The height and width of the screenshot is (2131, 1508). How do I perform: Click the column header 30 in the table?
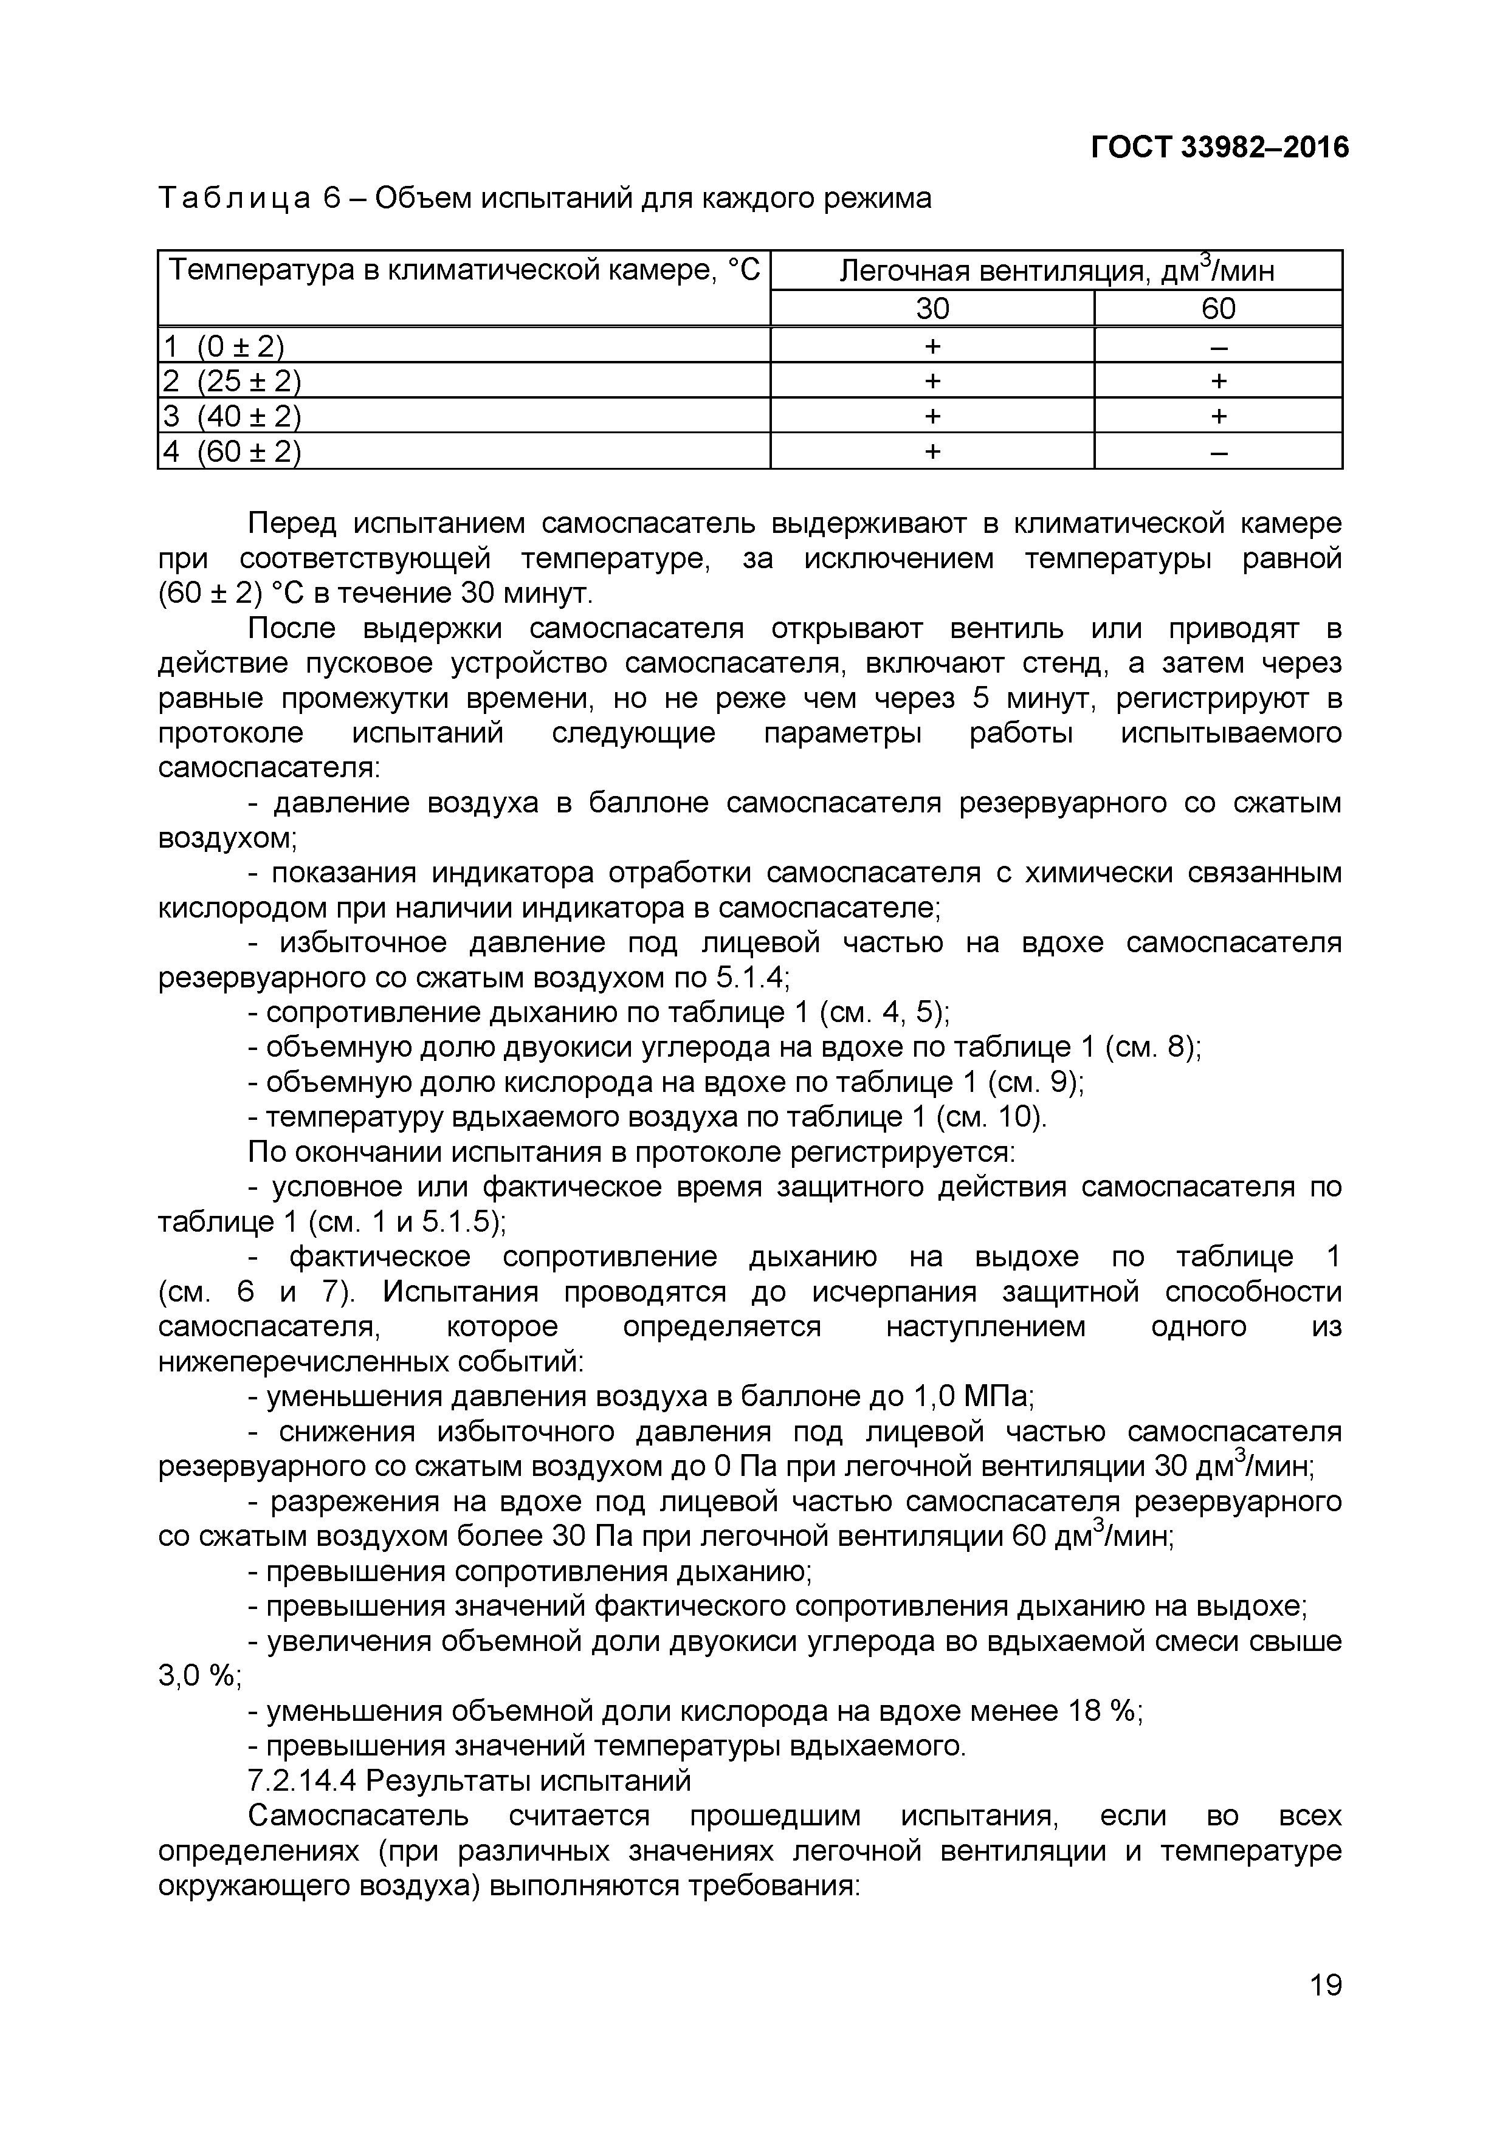click(932, 308)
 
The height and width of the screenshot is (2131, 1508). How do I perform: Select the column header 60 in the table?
click(1218, 308)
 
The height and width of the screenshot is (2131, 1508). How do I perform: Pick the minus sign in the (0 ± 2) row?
click(1218, 347)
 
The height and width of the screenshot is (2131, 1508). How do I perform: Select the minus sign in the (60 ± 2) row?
click(1218, 452)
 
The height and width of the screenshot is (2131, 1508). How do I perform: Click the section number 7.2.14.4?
click(303, 1780)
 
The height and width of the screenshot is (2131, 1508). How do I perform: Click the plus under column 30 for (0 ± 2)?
click(932, 347)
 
